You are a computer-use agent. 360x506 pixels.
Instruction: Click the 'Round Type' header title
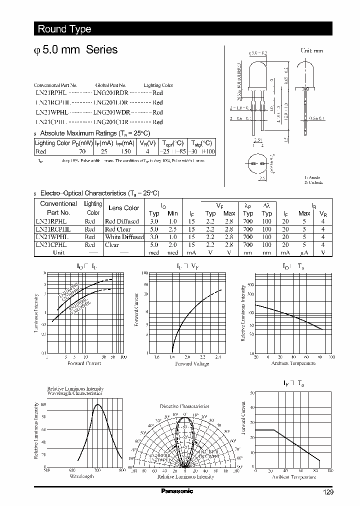tap(64, 29)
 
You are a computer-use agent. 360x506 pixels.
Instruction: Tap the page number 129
tap(327, 492)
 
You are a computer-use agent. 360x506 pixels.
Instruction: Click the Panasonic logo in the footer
tap(177, 491)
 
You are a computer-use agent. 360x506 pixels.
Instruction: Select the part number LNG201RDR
tap(110, 93)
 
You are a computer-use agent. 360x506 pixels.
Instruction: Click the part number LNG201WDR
tap(111, 112)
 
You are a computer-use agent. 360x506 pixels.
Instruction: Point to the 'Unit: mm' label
tap(311, 51)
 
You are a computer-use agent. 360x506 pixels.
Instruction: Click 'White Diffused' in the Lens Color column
tap(124, 237)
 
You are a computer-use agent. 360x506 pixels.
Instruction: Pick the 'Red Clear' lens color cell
tap(117, 229)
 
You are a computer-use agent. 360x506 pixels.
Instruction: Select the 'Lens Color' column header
tap(124, 208)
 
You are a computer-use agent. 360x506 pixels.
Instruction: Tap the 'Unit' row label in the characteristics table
tap(59, 252)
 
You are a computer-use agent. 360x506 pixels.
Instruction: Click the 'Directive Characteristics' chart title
tap(184, 406)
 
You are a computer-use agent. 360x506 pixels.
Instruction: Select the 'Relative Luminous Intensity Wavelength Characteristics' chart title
tap(75, 391)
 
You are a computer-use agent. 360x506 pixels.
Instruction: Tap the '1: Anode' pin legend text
tap(312, 177)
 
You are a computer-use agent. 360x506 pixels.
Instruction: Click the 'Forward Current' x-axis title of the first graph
tap(83, 363)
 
